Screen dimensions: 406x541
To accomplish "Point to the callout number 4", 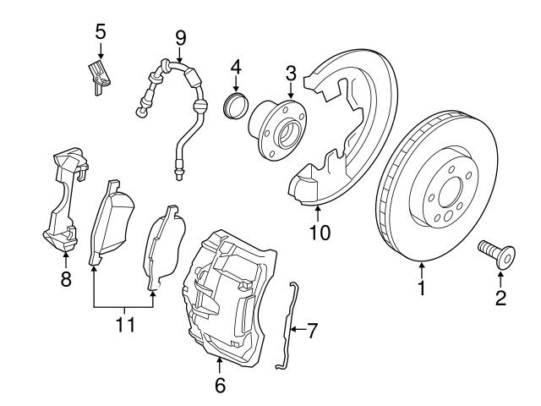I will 236,65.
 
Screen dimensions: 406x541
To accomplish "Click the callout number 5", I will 100,32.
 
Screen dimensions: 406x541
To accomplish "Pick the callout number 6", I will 220,385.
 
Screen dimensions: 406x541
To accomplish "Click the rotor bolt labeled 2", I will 495,251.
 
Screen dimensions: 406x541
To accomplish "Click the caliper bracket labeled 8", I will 63,203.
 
